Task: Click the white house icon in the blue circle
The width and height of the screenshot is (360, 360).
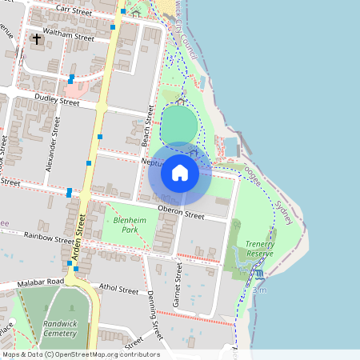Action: click(180, 172)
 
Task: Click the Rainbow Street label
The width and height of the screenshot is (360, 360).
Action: click(49, 238)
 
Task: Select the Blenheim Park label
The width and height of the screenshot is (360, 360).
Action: click(126, 224)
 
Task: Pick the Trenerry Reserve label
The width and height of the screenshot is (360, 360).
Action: click(259, 248)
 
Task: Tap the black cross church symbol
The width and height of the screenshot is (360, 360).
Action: click(36, 38)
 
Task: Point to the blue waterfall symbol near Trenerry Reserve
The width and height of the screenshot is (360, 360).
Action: click(258, 274)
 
